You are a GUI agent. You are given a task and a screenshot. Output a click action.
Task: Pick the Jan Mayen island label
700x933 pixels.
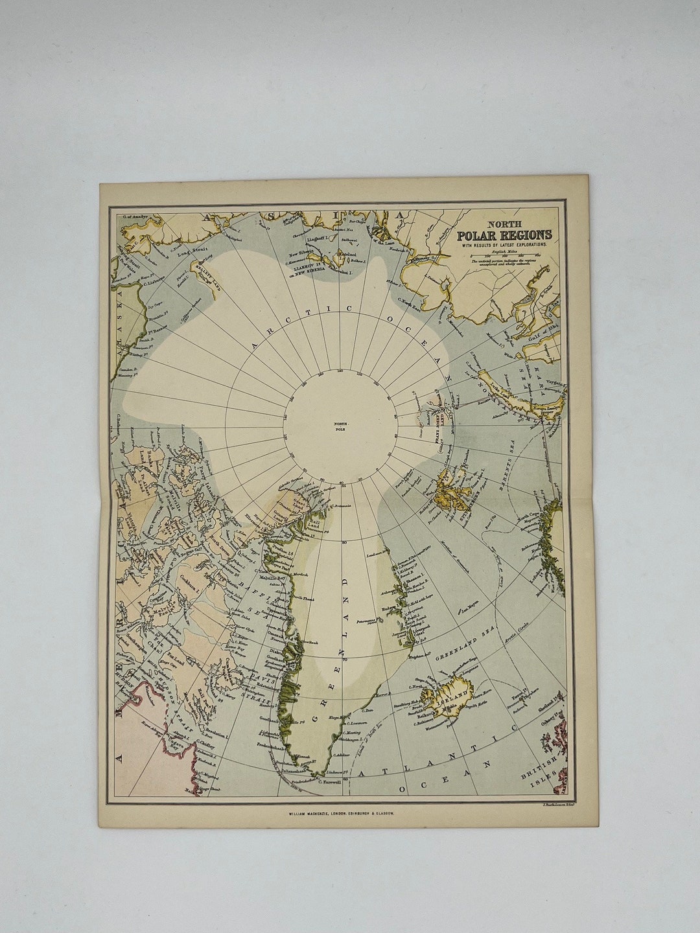468,610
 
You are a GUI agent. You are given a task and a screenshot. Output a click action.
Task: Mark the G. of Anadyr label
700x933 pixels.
133,217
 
